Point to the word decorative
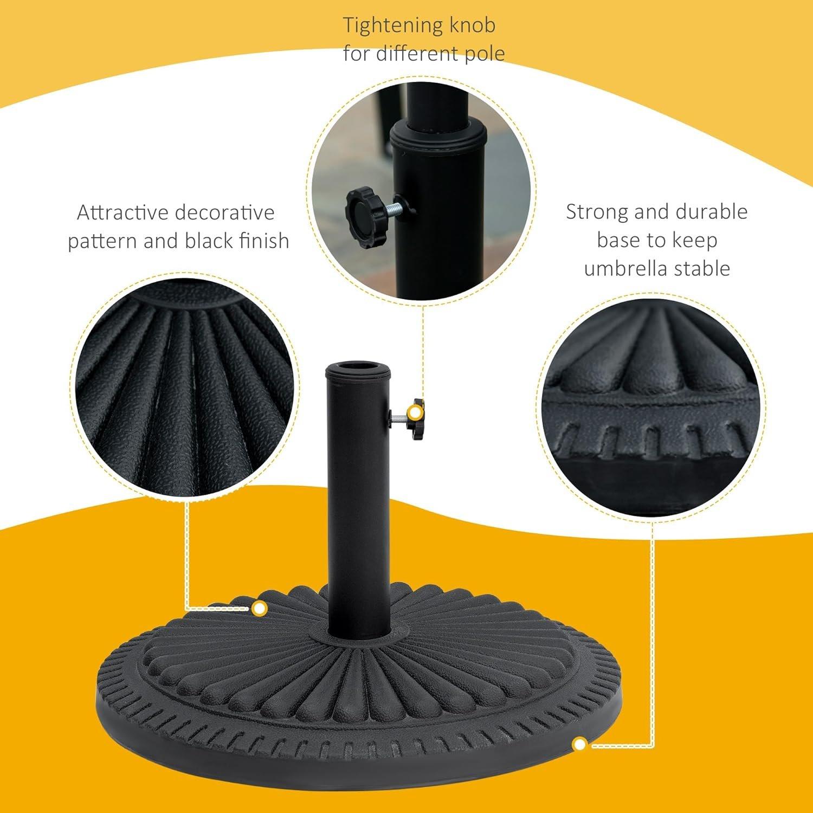[x=228, y=212]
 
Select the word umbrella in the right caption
[x=623, y=268]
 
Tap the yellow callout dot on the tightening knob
[x=415, y=413]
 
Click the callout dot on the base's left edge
[x=260, y=609]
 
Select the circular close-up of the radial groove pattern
[x=185, y=388]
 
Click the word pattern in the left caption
[x=102, y=241]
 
